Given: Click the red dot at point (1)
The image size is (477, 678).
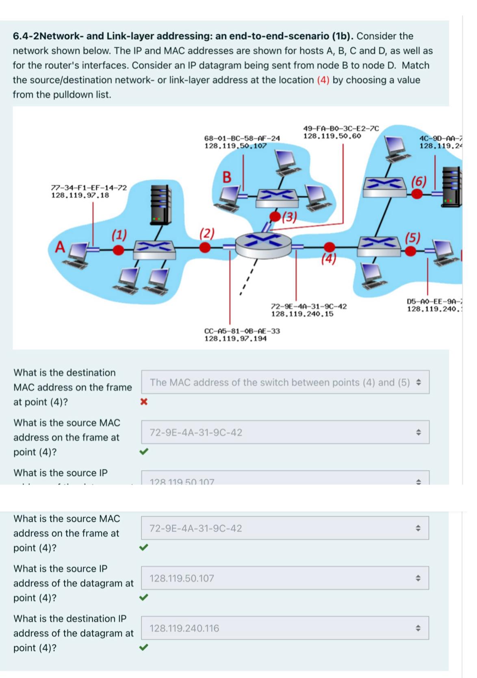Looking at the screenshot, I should [118, 250].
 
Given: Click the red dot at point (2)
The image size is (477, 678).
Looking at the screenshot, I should [206, 247].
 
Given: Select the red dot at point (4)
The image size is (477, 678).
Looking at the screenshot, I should [330, 247].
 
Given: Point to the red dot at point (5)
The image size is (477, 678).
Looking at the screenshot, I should [411, 251].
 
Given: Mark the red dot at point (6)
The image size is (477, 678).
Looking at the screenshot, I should [416, 194].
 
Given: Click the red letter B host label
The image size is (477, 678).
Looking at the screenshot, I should [227, 177].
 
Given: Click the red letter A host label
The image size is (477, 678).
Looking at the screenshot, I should [61, 247].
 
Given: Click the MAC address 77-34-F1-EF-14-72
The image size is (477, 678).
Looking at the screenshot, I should [89, 187].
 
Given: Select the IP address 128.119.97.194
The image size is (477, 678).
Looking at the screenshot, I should [235, 338].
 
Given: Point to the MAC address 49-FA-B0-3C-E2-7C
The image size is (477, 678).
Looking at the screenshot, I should [341, 128].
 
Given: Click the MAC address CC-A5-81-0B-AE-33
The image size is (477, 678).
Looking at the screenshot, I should [242, 331].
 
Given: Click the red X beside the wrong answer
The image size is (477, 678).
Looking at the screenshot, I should [143, 402].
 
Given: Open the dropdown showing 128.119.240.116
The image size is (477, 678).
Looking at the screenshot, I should [285, 628].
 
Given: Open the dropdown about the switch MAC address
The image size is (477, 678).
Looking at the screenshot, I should [285, 382].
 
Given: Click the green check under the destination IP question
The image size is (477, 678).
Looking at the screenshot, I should [143, 647].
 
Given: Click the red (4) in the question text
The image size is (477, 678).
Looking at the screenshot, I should [323, 80].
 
